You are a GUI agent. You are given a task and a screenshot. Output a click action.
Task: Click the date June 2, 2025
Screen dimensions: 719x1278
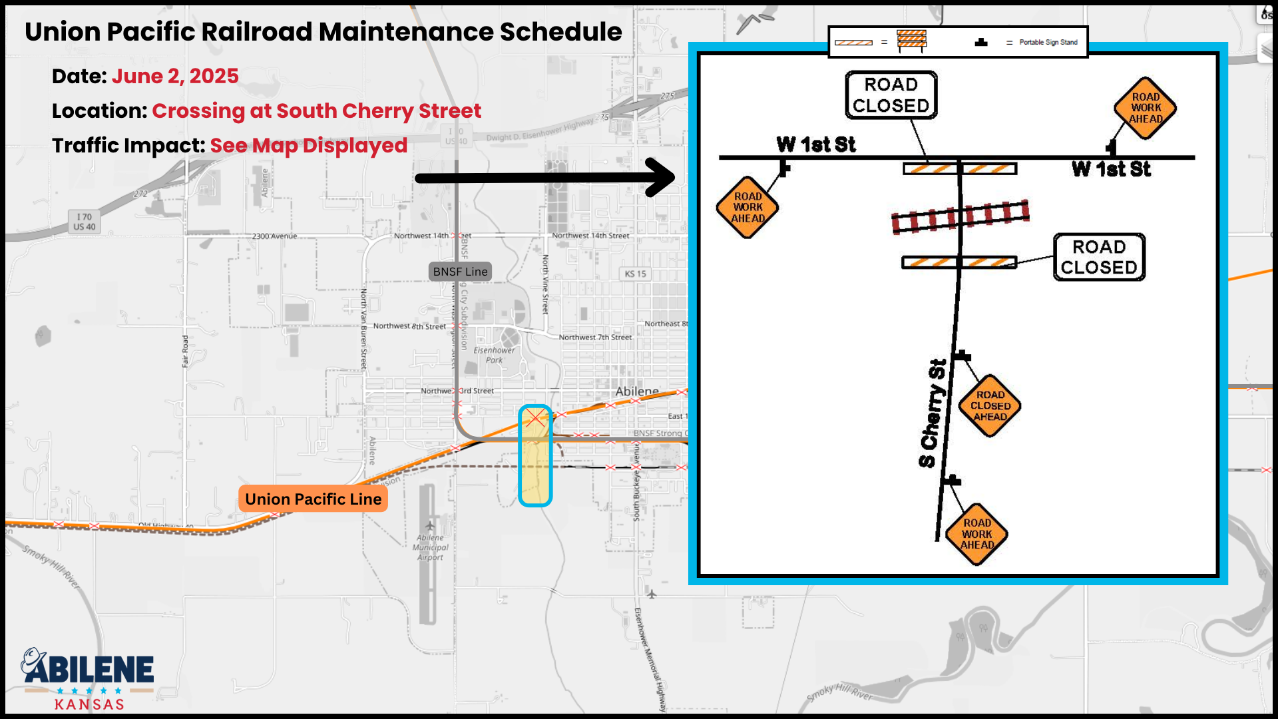tap(175, 77)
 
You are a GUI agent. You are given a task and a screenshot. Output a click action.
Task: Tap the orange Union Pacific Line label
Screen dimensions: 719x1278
tap(313, 499)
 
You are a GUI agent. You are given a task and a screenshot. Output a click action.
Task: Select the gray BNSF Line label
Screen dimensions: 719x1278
tap(460, 272)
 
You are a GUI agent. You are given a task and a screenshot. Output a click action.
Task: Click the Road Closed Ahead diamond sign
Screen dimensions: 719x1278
tap(990, 405)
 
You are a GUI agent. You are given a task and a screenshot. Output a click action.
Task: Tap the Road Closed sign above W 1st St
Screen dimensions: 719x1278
tap(891, 95)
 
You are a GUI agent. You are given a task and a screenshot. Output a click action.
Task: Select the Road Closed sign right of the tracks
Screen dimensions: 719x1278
tap(1099, 257)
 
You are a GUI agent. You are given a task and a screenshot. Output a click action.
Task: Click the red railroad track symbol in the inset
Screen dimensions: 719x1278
tap(960, 217)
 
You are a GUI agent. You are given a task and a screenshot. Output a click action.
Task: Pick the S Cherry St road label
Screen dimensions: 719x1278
tap(933, 413)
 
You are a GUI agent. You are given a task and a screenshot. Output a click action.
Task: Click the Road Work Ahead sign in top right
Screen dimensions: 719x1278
tap(1146, 108)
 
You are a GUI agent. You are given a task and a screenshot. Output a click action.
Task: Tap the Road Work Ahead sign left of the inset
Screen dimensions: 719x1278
tap(747, 207)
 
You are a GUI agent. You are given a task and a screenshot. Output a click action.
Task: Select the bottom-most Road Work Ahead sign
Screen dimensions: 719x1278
tap(976, 534)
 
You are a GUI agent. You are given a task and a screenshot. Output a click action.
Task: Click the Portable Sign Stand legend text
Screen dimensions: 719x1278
tap(1048, 43)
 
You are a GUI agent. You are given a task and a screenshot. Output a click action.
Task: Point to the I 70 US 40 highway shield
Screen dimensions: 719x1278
tap(85, 222)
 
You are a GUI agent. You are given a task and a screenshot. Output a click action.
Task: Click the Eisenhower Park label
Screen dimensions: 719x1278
tap(494, 355)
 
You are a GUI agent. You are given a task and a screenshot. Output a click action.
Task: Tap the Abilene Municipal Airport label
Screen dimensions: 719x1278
tap(431, 547)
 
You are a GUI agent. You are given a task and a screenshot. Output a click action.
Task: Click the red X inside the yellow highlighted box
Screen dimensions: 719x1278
tap(536, 418)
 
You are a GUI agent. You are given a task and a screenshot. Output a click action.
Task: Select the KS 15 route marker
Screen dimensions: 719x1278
tap(636, 274)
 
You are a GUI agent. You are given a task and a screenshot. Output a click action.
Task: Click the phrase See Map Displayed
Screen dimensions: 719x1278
tap(308, 146)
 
